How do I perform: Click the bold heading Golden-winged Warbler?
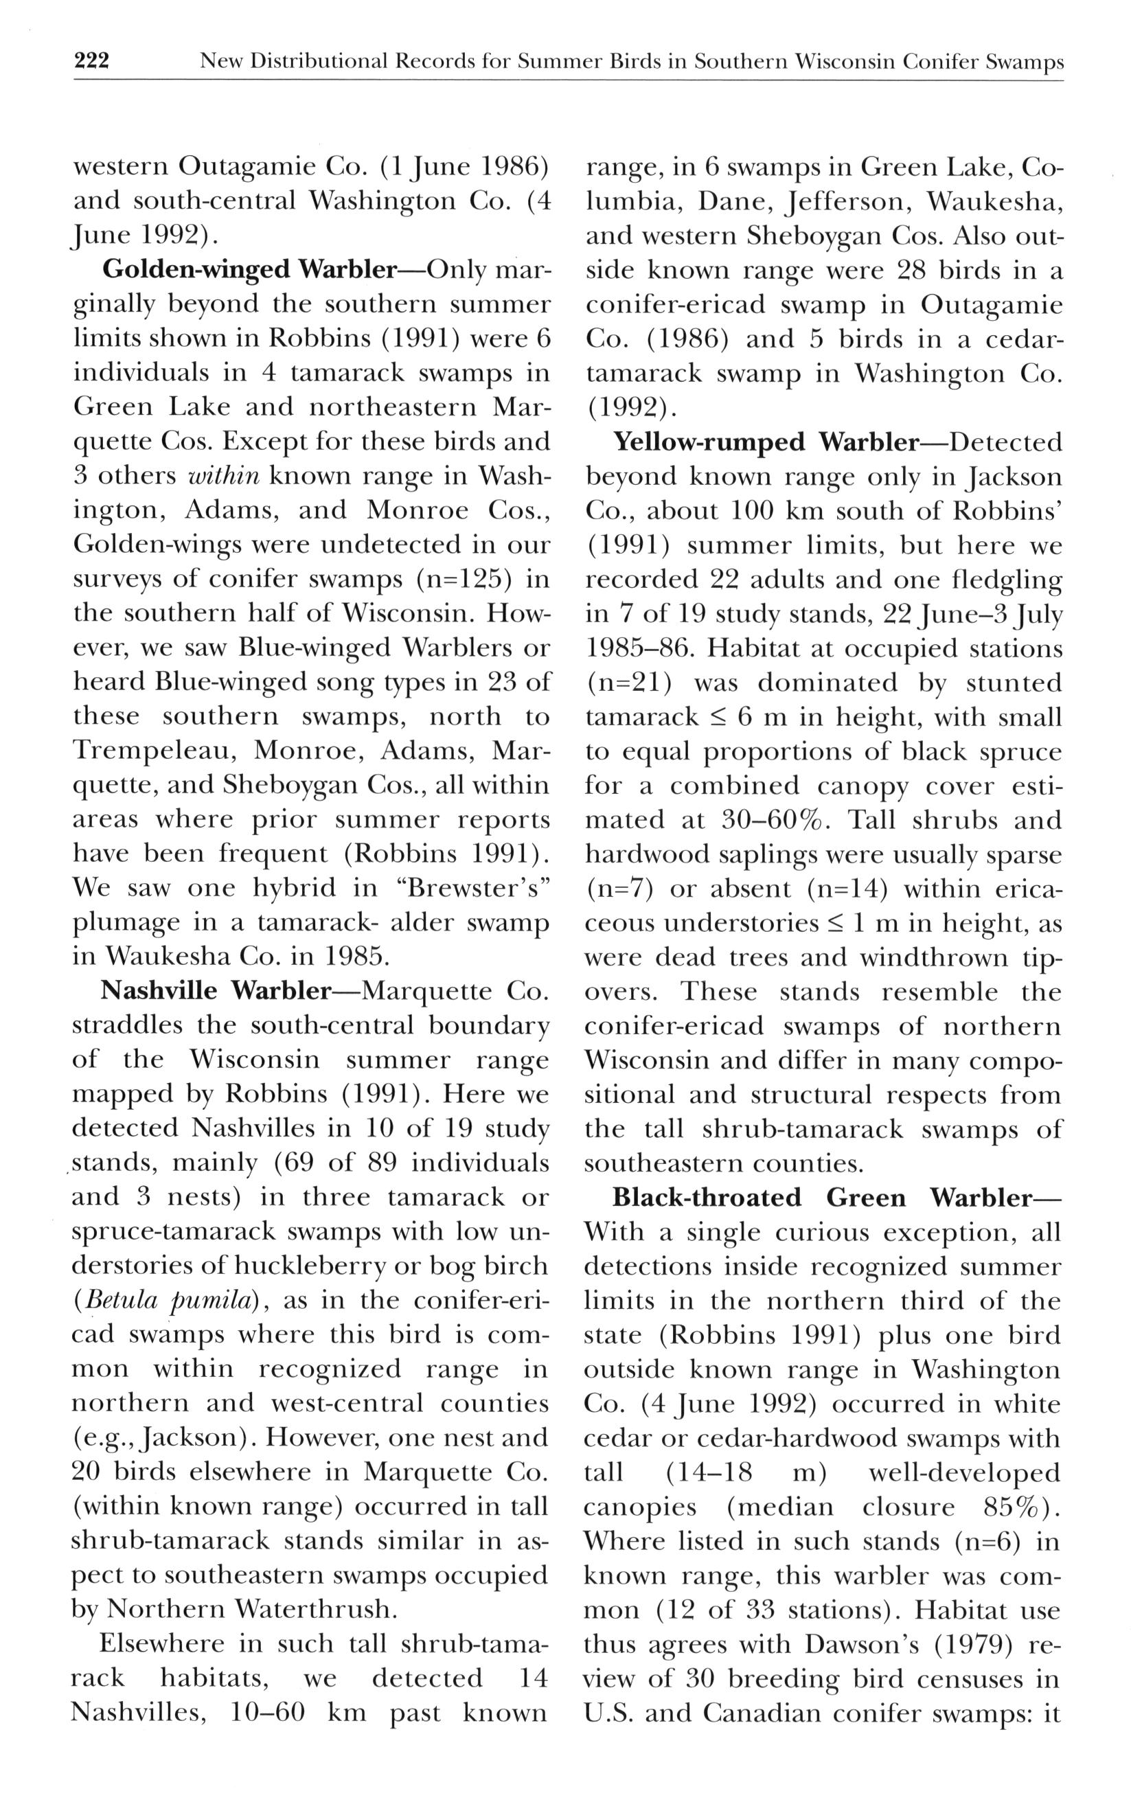(249, 269)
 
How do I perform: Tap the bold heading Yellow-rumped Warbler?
(765, 442)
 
